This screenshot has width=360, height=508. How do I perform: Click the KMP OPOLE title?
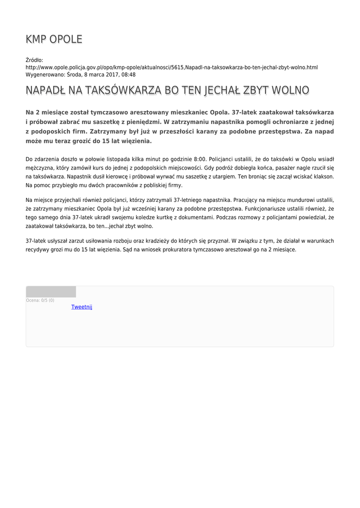54,39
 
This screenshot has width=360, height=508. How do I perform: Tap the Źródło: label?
34,60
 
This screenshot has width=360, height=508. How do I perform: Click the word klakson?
322,177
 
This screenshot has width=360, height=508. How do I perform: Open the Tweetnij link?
81,307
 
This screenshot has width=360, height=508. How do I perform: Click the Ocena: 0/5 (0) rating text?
40,300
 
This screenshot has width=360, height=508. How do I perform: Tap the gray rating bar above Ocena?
51,292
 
